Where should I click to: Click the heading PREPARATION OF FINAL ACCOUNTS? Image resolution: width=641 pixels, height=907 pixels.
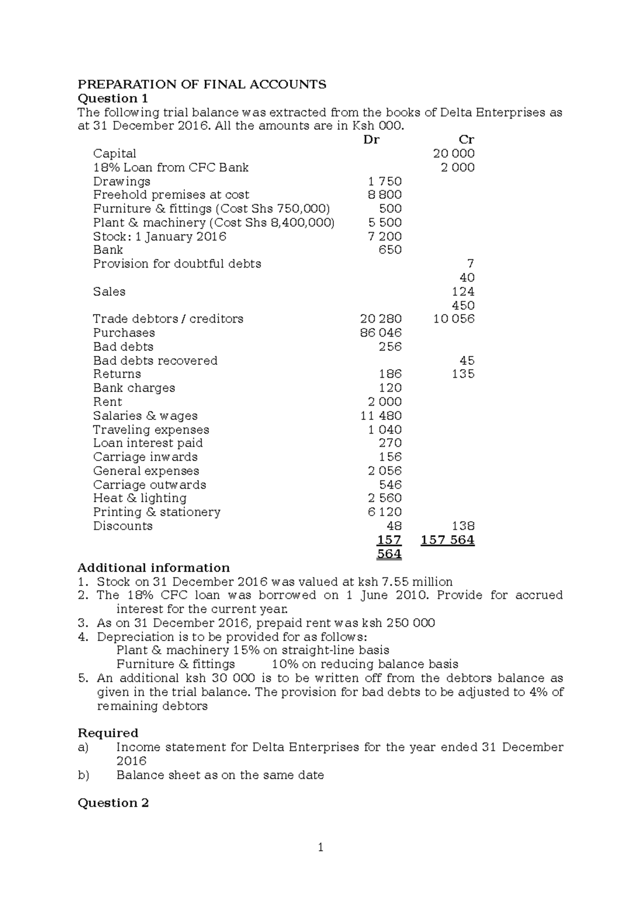pos(202,84)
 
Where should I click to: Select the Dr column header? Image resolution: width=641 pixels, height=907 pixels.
pos(371,140)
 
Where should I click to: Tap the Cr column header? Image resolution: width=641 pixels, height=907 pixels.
pos(466,140)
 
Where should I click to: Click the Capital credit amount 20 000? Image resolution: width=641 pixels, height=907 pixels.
pos(454,154)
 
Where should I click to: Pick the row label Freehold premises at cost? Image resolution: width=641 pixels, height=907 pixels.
pos(171,195)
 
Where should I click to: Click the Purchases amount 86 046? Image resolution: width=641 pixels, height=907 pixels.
pos(381,333)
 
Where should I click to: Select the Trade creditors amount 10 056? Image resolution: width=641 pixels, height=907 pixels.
pos(454,319)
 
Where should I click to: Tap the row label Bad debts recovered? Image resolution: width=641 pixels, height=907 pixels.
pos(155,361)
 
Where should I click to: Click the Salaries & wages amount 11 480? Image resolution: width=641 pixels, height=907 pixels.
pos(381,416)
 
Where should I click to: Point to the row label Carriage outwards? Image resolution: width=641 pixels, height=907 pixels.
pos(150,485)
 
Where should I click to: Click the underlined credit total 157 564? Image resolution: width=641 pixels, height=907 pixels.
pos(447,540)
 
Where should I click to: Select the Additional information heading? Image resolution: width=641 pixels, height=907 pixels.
pos(153,568)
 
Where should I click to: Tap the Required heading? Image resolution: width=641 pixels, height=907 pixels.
pos(108,733)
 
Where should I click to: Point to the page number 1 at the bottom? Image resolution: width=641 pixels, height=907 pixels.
pos(320,847)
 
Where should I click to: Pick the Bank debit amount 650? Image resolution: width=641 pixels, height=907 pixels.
pos(390,250)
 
